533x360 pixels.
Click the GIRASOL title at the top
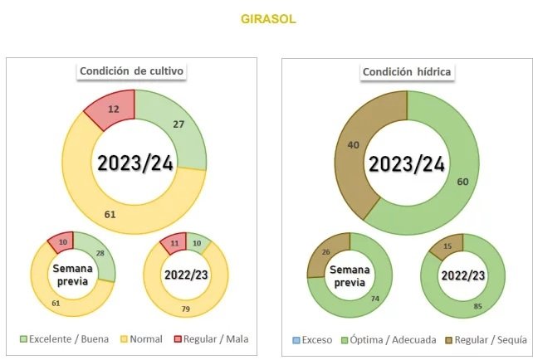pyautogui.click(x=266, y=18)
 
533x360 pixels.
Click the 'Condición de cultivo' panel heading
pyautogui.click(x=131, y=71)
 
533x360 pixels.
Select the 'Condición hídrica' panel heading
pyautogui.click(x=407, y=71)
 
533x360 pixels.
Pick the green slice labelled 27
pyautogui.click(x=177, y=125)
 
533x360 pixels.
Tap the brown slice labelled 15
pyautogui.click(x=447, y=246)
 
